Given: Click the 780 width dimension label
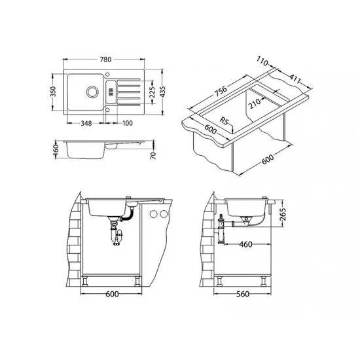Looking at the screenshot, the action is coord(105,60).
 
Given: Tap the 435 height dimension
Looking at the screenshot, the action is coord(162,92).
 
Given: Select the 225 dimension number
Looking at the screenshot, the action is coord(153,92).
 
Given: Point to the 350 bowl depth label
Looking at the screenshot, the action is coord(53,92).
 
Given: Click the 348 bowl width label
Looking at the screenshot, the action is coord(86,123).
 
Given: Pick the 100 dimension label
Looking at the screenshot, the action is coord(128,123).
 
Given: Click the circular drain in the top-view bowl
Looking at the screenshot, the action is coord(92,92).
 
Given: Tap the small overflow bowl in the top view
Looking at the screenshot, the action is coord(111,92).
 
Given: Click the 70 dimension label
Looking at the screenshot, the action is coord(153,155).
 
